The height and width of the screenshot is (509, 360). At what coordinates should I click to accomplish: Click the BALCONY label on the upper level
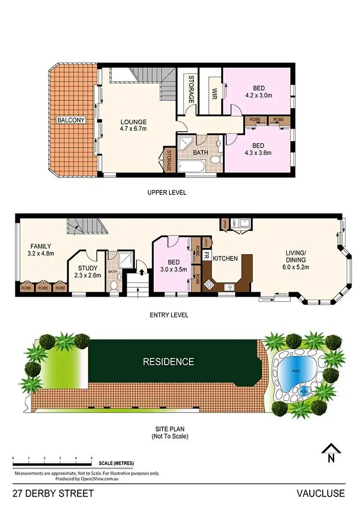pos(71,120)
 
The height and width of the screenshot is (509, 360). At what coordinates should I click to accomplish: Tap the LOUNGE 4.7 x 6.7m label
pos(133,125)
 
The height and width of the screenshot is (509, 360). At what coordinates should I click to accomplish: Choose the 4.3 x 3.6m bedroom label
pos(259,149)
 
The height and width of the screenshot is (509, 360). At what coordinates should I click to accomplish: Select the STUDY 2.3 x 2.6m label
pos(88,271)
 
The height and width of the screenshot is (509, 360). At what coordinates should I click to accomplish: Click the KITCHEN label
pos(225,258)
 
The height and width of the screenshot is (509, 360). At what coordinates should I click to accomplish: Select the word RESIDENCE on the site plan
pos(169,361)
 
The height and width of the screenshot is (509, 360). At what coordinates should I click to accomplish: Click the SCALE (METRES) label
pos(116,463)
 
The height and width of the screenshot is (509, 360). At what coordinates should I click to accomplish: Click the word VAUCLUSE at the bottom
pos(320,494)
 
